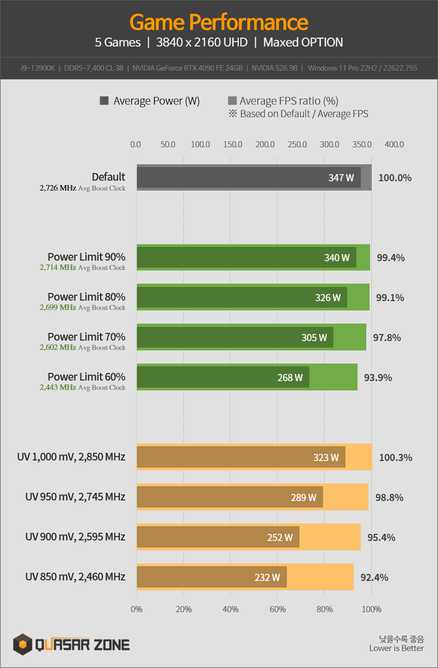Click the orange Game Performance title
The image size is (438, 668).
click(219, 22)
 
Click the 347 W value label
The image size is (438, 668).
click(341, 178)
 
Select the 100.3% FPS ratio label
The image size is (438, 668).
click(395, 457)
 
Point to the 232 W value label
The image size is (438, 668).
click(267, 577)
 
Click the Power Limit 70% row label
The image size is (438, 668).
click(87, 337)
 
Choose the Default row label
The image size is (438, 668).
click(108, 177)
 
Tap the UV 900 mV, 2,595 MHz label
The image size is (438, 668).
click(75, 537)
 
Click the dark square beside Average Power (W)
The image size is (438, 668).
click(104, 101)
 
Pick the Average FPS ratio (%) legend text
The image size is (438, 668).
click(289, 101)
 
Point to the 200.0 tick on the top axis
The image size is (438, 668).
click(265, 145)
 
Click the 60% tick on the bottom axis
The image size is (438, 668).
click(278, 609)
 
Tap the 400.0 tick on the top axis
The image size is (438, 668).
click(394, 145)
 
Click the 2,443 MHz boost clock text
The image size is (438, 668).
click(57, 387)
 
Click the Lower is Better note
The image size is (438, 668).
click(396, 648)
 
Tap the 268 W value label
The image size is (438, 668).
click(290, 377)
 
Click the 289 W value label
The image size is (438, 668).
click(303, 497)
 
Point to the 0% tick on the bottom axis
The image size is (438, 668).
click(137, 609)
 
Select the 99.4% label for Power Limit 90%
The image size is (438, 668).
click(390, 257)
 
